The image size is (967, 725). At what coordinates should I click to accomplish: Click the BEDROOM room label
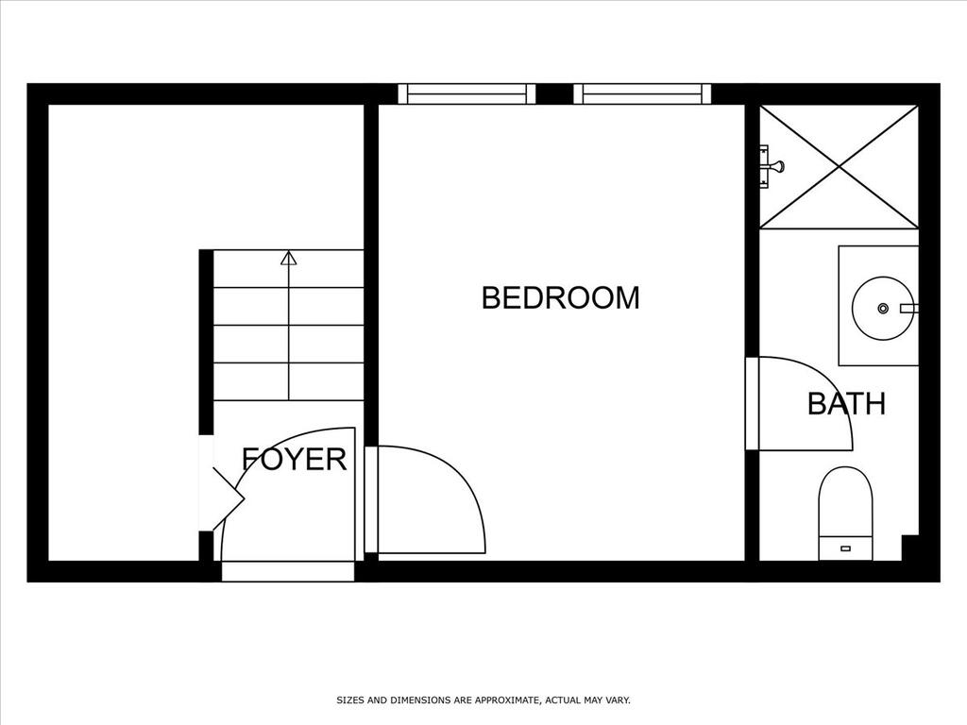(561, 297)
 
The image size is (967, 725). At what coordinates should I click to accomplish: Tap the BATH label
(846, 404)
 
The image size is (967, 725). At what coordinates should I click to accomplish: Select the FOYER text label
(295, 459)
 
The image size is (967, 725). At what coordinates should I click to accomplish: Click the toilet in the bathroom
(845, 514)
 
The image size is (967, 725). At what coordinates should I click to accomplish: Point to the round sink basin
(883, 308)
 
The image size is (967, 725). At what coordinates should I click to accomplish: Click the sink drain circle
(883, 308)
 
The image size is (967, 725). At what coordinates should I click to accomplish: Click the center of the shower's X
(839, 166)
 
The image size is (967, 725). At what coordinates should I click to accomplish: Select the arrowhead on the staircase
(288, 259)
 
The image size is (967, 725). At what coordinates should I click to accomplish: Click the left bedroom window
(467, 93)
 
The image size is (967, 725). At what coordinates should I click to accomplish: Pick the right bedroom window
(642, 93)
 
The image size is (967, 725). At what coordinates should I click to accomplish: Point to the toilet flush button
(845, 548)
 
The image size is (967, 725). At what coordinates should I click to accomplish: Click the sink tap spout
(909, 308)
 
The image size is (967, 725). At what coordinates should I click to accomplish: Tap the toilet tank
(845, 548)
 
